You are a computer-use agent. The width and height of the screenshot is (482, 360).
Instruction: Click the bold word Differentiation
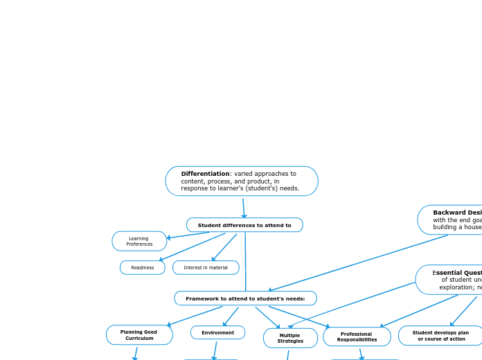click(x=205, y=174)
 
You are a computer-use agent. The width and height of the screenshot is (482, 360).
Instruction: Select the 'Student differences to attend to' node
click(x=244, y=225)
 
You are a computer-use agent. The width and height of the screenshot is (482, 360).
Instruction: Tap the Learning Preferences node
click(x=139, y=241)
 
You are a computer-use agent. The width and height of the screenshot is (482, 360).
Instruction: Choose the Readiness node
click(x=143, y=267)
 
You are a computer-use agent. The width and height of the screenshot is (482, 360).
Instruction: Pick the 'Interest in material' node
click(x=206, y=267)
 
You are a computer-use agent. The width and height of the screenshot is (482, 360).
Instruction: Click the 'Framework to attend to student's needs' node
click(x=245, y=298)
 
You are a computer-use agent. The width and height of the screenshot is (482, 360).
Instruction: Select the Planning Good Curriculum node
click(x=139, y=335)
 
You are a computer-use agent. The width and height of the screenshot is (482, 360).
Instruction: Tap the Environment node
click(x=217, y=333)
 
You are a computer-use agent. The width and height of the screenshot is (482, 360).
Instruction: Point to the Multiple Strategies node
click(x=290, y=338)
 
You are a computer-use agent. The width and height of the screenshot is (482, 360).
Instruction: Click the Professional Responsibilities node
click(x=357, y=337)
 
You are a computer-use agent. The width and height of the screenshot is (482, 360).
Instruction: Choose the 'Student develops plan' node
click(x=440, y=336)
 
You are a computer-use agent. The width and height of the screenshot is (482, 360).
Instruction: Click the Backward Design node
click(x=454, y=219)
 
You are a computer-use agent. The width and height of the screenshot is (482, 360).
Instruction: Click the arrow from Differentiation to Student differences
click(x=243, y=208)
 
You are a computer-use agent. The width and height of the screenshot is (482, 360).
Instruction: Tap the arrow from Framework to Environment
click(x=231, y=317)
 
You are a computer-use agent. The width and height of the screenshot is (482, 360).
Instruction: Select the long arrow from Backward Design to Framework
click(x=360, y=262)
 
